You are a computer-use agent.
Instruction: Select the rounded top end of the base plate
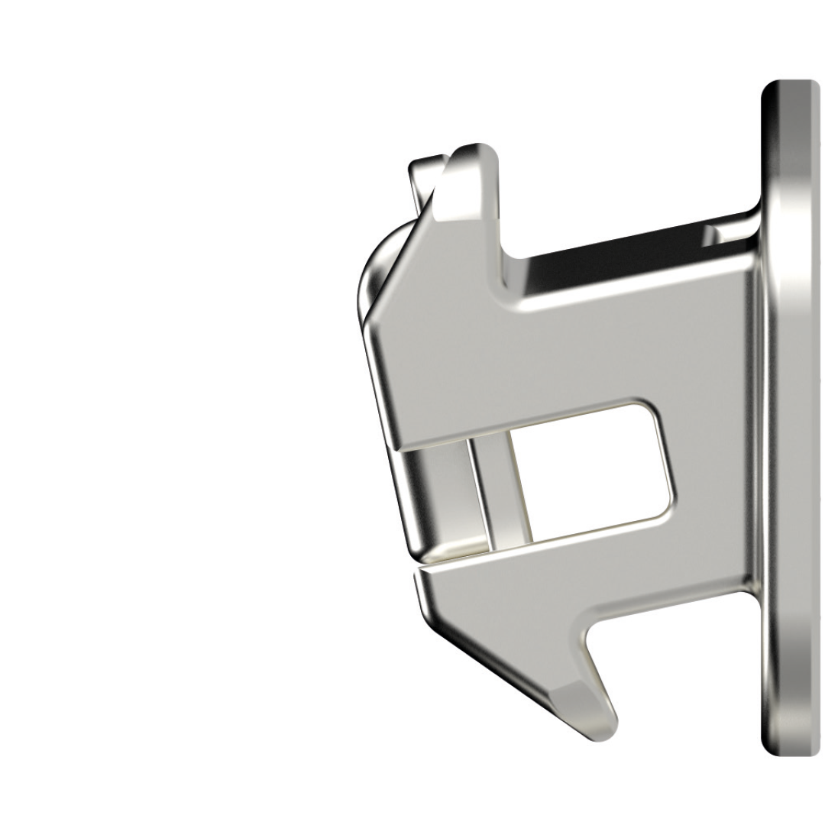point(791,92)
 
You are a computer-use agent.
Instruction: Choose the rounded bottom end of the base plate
point(791,745)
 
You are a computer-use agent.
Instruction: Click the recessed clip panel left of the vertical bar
point(435,497)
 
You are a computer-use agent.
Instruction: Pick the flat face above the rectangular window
point(550,351)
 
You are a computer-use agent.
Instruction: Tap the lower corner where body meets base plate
point(752,588)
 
